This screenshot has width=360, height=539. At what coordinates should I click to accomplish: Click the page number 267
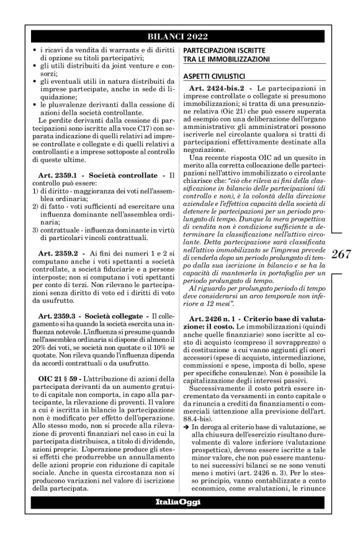point(344,253)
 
